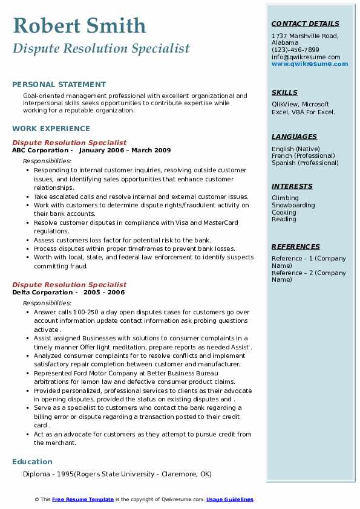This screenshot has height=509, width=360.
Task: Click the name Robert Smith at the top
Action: (79, 26)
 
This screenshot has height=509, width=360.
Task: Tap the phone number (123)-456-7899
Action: (295, 50)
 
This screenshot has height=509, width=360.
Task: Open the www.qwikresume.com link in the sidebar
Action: (310, 63)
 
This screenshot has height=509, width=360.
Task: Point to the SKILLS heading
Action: (284, 92)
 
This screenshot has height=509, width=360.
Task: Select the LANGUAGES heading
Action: (294, 137)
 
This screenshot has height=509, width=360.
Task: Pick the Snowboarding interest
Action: (293, 205)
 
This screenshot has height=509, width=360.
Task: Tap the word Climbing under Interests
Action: (285, 198)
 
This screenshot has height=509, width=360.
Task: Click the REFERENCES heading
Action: (296, 247)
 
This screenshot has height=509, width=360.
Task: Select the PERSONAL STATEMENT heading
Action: (59, 85)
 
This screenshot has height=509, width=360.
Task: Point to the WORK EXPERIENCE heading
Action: (51, 128)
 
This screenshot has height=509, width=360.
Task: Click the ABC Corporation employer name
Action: (41, 150)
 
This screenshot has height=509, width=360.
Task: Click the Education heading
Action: (32, 461)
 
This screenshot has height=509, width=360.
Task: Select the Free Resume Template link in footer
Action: (83, 499)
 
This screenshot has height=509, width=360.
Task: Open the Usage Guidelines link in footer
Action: (230, 499)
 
